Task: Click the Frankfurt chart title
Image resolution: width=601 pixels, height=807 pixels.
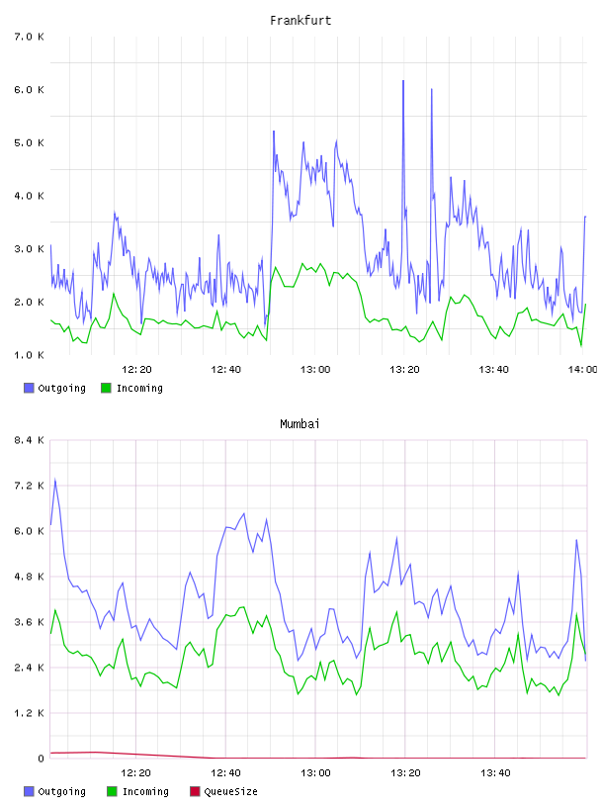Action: point(300,20)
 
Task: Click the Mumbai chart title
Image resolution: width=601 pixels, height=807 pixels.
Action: point(300,423)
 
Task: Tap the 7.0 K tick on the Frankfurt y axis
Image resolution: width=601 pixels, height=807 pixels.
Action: point(29,37)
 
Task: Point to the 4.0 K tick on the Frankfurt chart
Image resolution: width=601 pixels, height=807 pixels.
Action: point(29,196)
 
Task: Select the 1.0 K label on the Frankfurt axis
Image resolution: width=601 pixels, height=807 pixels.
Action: point(29,355)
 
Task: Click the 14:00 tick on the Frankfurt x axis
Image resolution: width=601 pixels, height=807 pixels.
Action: point(582,369)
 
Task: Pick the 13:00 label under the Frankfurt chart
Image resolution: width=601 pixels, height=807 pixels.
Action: point(315,369)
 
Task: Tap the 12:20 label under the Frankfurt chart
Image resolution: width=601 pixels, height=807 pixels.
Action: point(136,369)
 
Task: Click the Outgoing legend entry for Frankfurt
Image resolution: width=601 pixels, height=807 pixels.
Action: point(54,388)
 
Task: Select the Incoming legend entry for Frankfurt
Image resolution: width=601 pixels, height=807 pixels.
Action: point(131,388)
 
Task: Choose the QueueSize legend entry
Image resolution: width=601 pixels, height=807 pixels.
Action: point(223,791)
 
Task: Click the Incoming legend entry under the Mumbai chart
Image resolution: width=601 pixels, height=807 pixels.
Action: point(137,791)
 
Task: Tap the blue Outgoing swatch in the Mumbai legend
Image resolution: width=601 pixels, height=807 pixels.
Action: point(29,791)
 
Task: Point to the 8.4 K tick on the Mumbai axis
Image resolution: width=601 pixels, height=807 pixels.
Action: point(29,440)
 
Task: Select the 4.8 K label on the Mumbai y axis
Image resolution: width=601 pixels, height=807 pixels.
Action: point(29,577)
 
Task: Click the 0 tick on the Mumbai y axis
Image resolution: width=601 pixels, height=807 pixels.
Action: point(41,759)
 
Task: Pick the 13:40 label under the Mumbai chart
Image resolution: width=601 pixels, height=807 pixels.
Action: point(495,772)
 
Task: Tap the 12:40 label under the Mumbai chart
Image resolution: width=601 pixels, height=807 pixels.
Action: point(225,772)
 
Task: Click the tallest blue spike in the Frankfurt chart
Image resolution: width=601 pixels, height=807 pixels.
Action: point(403,81)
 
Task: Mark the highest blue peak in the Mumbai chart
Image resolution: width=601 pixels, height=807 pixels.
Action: point(55,480)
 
